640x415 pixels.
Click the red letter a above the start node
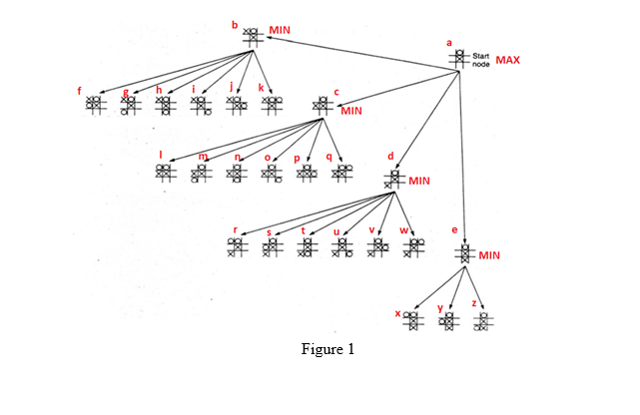coord(449,43)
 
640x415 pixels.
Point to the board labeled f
coord(95,104)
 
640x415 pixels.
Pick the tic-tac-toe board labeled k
coord(272,104)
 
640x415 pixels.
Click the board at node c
coord(321,105)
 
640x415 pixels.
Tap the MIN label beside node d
coord(419,181)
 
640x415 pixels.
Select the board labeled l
coord(165,173)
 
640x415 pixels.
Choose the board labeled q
coord(342,173)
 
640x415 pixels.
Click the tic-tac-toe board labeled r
coord(236,245)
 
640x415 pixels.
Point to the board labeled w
coord(413,245)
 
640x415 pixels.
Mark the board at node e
coord(463,253)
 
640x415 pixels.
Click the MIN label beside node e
coord(488,255)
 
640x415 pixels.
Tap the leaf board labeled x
coord(413,319)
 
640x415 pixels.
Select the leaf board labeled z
coord(483,320)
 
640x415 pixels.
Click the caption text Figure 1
coord(328,350)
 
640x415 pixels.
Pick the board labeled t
coord(307,245)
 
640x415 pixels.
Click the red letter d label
coord(390,157)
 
